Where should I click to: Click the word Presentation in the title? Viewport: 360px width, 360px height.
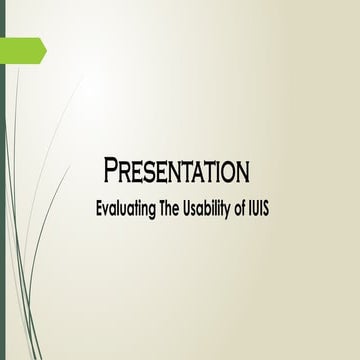pyautogui.click(x=176, y=171)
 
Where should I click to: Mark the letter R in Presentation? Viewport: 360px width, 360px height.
pyautogui.click(x=126, y=172)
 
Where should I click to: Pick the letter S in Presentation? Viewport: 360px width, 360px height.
pyautogui.click(x=155, y=172)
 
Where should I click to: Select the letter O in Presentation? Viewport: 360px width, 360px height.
pyautogui.click(x=226, y=172)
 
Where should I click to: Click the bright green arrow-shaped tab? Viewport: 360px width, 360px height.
pyautogui.click(x=22, y=48)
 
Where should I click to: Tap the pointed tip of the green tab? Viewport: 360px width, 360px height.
pyautogui.click(x=44, y=48)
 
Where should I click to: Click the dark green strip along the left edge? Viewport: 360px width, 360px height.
pyautogui.click(x=2, y=200)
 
